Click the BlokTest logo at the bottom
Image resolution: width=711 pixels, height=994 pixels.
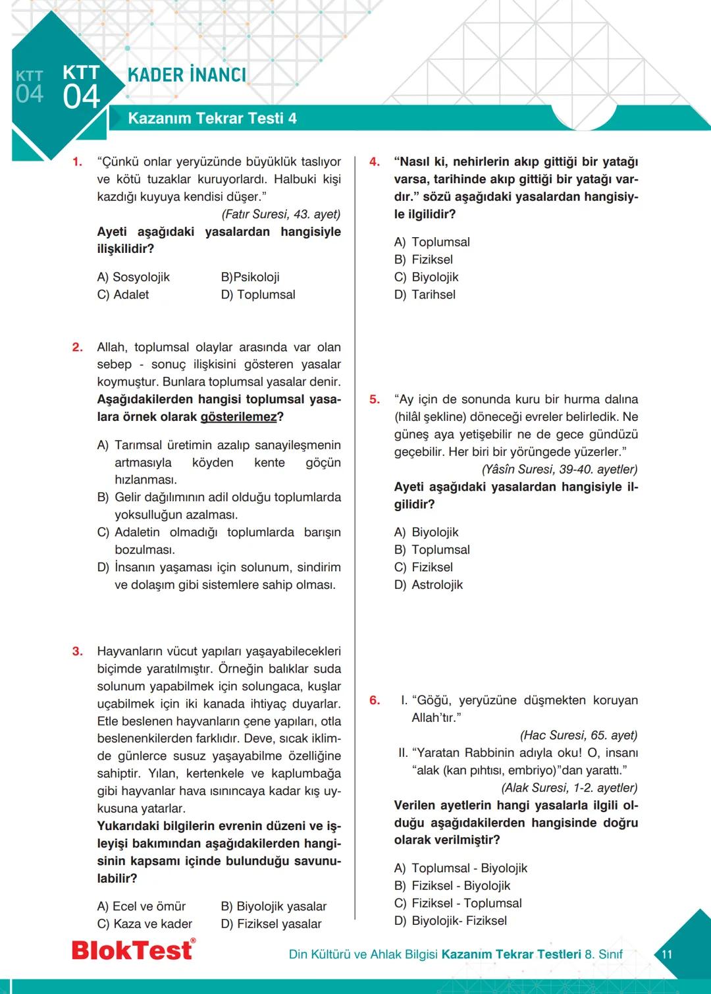pos(133,949)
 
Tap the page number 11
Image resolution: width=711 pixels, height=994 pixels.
pos(666,954)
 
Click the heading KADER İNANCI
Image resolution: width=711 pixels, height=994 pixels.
pos(187,75)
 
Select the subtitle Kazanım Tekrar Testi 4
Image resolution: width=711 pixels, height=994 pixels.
pos(212,119)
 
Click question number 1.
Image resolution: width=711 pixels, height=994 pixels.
pos(77,162)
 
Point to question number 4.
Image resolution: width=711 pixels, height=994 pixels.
pos(374,162)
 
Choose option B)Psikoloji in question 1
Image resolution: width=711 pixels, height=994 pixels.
pos(250,277)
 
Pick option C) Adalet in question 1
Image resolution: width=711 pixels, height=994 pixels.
pos(123,294)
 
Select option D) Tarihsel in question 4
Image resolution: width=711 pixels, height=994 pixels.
pos(425,294)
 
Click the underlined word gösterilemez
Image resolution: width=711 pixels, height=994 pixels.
pos(238,417)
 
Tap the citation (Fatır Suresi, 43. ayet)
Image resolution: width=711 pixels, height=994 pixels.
pos(281,214)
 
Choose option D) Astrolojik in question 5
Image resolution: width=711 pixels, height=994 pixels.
pos(429,585)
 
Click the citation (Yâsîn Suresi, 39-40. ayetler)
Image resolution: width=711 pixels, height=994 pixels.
pos(560,470)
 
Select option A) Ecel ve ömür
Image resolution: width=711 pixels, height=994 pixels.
pos(142,906)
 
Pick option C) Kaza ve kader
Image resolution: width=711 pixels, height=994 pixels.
pos(145,924)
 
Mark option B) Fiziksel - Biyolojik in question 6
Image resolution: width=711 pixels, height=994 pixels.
pos(452,886)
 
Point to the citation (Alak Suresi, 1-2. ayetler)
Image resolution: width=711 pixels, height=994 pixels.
pos(569,788)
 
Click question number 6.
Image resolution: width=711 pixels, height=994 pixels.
pos(374,700)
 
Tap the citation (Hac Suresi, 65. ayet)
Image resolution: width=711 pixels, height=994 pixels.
pos(579,735)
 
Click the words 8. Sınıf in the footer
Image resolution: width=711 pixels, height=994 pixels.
pos(603,954)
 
